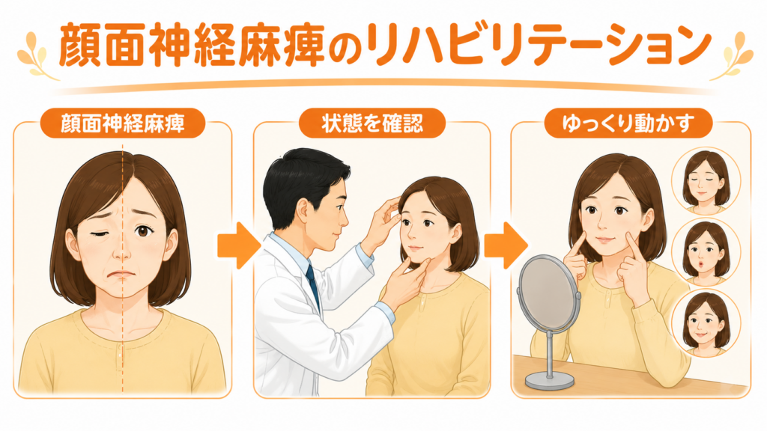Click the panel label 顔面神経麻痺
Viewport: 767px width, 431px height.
coord(122,123)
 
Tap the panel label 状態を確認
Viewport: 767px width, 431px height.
coord(372,123)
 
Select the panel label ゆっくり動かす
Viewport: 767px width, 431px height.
coord(628,123)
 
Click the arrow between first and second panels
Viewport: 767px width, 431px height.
coord(239,245)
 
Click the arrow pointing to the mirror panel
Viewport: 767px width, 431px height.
coord(506,245)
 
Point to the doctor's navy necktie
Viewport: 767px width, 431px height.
coord(313,285)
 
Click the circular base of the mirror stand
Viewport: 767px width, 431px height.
coord(549,379)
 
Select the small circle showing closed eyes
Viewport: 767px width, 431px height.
coord(706,181)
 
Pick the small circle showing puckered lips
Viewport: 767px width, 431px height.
coord(706,251)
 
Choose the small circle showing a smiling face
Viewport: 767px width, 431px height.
coord(706,323)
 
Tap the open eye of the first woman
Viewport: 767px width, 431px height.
coord(143,230)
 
